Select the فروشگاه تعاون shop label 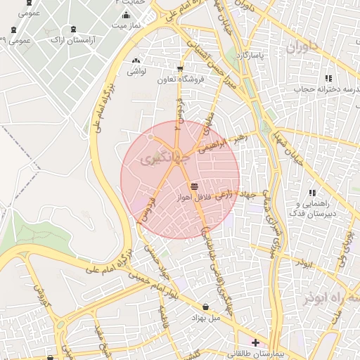(x=181, y=79)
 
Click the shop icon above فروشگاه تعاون (x=181, y=69)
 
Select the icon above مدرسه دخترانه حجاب (x=328, y=78)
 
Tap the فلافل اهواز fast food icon (x=194, y=185)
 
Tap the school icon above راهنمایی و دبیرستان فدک (x=312, y=192)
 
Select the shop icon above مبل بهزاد (x=205, y=307)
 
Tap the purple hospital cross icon (x=255, y=342)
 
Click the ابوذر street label (x=303, y=262)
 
